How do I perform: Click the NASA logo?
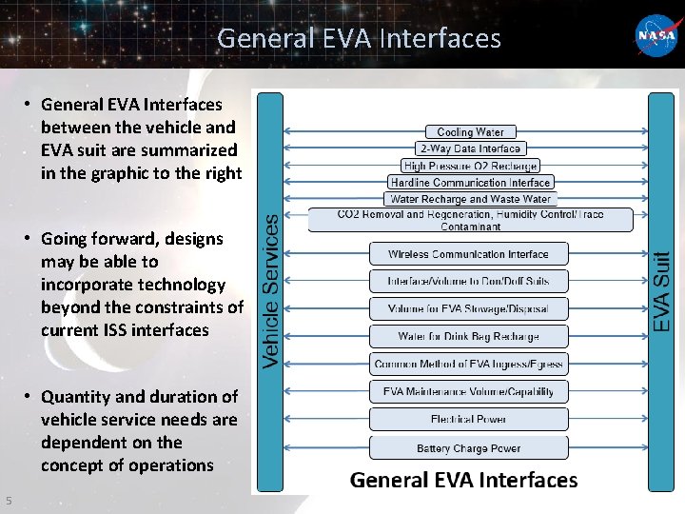coord(656,35)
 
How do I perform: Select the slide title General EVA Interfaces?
coord(359,38)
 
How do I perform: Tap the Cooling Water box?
coord(470,132)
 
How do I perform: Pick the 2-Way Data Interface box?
coord(470,148)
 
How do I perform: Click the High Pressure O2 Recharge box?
coord(470,166)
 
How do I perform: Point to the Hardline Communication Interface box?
coord(470,182)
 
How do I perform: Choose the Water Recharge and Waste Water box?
coord(470,199)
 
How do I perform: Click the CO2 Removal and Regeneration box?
coord(470,220)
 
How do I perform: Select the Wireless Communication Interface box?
coord(468,254)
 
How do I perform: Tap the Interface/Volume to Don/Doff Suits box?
coord(468,281)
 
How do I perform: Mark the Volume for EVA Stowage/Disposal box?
coord(468,308)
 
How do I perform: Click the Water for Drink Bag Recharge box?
coord(468,336)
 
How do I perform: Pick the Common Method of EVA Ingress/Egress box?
coord(468,364)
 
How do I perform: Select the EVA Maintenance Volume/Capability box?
coord(468,391)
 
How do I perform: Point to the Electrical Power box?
coord(468,419)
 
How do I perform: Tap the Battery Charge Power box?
coord(468,447)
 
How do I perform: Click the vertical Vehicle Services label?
coord(270,290)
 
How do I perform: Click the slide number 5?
coord(8,501)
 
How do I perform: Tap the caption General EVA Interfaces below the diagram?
coord(463,480)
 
